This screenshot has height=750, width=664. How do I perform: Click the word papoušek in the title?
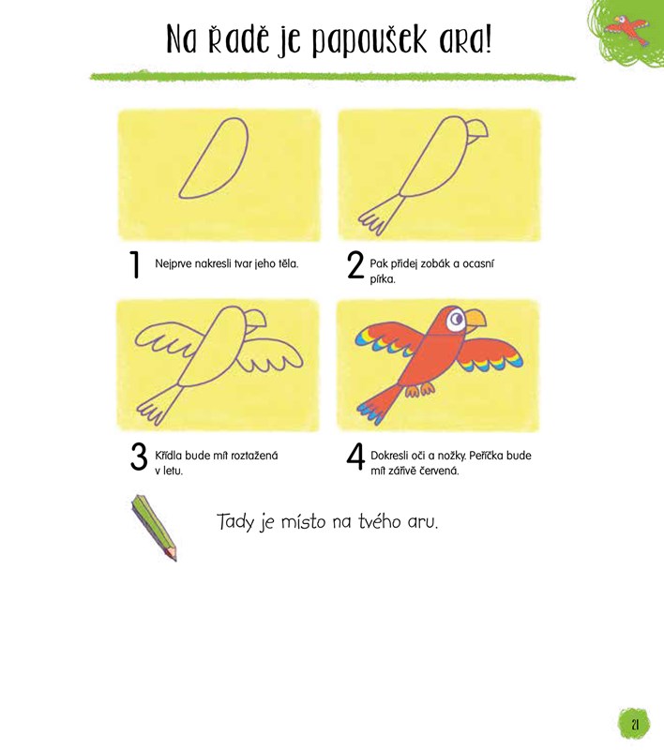coord(370,40)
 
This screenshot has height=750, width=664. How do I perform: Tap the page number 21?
coord(635,725)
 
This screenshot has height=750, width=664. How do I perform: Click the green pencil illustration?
coord(154,528)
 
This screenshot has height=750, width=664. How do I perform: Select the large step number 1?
coord(136,264)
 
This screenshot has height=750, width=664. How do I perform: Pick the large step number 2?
coord(355,264)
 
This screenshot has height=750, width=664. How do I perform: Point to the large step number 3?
coord(139,457)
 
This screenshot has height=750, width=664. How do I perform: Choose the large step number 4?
coord(355,457)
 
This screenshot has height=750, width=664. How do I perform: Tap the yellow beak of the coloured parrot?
coord(475,320)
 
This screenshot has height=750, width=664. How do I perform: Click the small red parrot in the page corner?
coord(626,29)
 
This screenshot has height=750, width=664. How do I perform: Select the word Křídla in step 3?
coord(169,456)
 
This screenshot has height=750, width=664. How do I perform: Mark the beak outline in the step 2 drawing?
coord(477,130)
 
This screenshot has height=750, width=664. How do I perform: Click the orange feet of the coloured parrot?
coord(420,389)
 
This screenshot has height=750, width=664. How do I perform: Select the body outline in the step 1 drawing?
coord(214,157)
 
